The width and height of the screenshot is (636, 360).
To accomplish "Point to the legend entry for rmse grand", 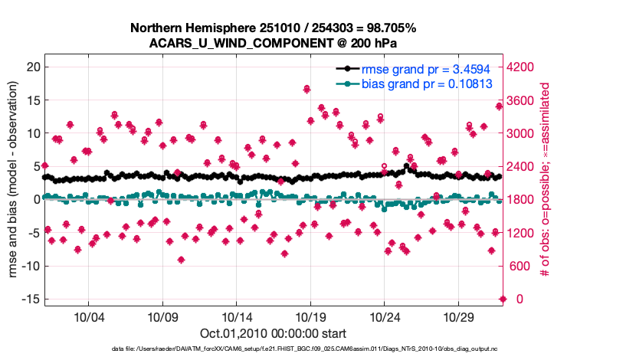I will [426, 69].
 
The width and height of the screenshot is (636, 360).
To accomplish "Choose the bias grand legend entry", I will [426, 83].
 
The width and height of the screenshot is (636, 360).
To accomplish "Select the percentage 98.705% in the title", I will [388, 28].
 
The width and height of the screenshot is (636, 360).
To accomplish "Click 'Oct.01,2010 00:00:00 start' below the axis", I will [273, 333].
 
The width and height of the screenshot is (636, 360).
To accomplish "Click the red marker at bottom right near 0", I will [503, 299].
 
